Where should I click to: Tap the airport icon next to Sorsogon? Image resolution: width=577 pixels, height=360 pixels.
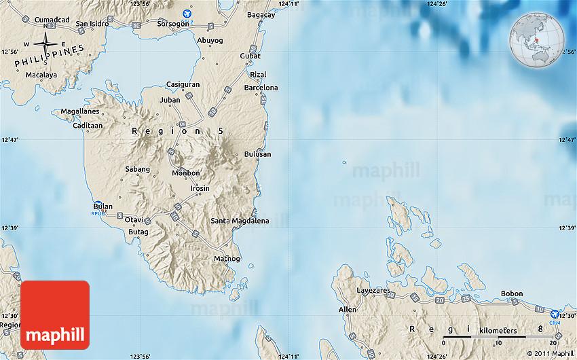click(x=188, y=13)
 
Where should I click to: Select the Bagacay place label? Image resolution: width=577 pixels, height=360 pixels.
click(x=261, y=15)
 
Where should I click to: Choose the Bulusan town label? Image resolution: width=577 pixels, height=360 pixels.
click(x=257, y=154)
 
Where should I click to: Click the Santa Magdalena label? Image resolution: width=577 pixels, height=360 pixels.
click(x=240, y=221)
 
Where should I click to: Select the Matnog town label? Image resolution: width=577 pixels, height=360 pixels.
click(x=227, y=259)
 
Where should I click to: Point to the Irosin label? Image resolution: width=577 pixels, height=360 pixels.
click(x=200, y=188)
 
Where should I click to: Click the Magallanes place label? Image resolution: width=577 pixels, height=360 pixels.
click(x=79, y=111)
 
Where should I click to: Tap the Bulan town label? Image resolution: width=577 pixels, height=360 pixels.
click(x=103, y=206)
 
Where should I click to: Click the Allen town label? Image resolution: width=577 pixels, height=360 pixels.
click(x=347, y=310)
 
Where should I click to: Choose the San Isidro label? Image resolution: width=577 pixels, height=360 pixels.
click(x=92, y=24)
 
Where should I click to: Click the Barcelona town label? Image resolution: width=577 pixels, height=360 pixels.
click(x=261, y=88)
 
